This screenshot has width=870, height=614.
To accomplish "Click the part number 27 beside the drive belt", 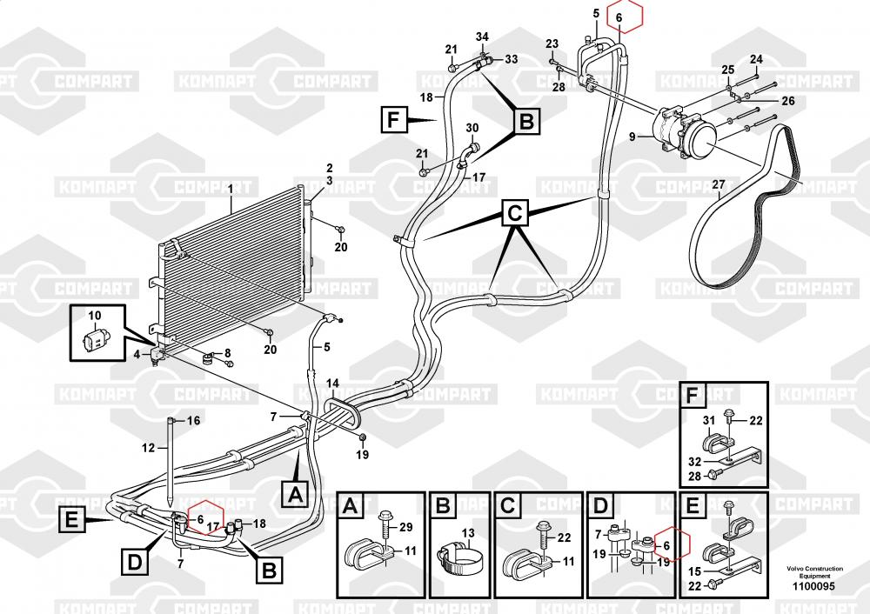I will [x=718, y=184].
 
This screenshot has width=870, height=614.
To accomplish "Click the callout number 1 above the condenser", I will [x=230, y=188].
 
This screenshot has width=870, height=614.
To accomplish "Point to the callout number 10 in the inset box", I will [x=95, y=314].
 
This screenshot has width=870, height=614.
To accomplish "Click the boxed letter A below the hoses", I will [x=295, y=494].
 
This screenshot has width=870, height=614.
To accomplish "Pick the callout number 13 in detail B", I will [x=467, y=534].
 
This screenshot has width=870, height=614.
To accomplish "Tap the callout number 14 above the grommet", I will [x=333, y=383].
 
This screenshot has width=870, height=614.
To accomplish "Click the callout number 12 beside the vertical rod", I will [x=149, y=448].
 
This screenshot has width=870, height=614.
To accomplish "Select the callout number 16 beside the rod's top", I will [x=194, y=421].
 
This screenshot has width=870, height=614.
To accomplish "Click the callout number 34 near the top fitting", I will [x=483, y=36].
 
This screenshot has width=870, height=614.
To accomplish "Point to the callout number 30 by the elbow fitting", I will [x=472, y=129].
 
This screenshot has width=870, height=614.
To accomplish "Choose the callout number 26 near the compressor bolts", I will [x=787, y=101].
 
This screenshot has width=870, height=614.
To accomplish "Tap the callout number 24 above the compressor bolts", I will [x=756, y=60].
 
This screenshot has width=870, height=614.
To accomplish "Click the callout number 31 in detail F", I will [x=708, y=422].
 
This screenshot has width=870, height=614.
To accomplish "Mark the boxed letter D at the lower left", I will [x=135, y=562].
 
